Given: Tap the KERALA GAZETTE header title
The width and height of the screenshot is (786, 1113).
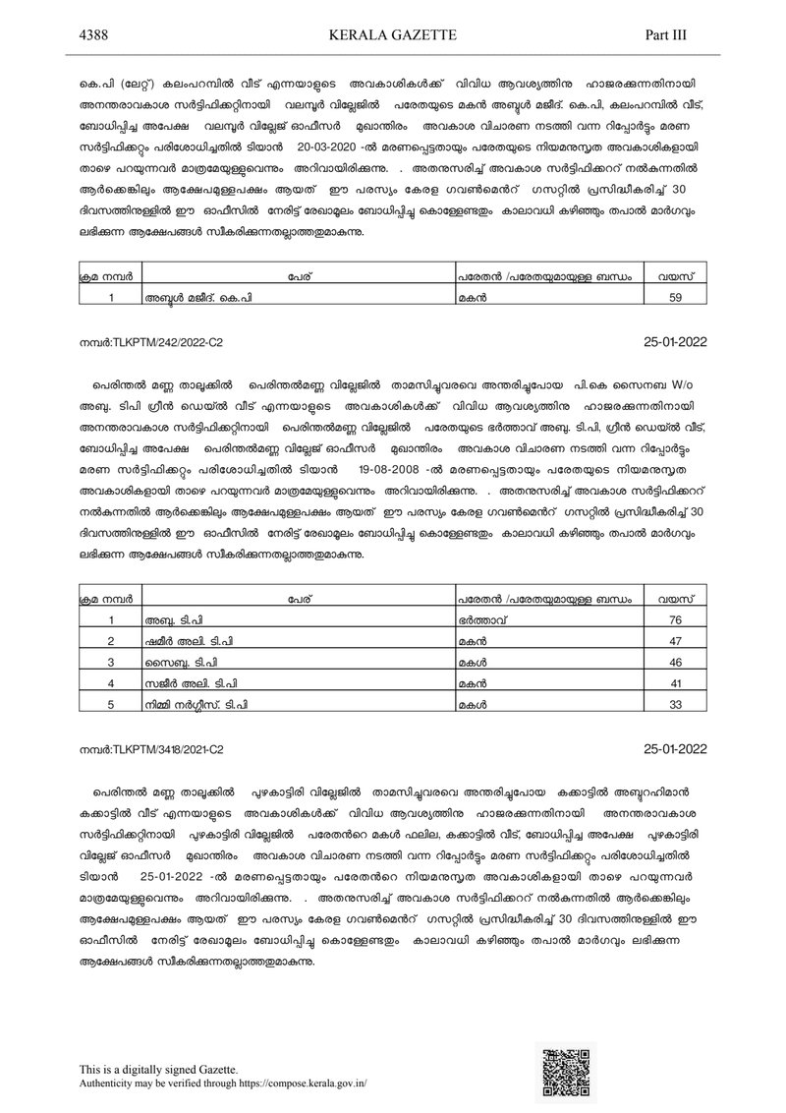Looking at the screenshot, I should click(x=391, y=34).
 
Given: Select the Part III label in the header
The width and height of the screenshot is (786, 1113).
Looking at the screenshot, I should click(x=665, y=34).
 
